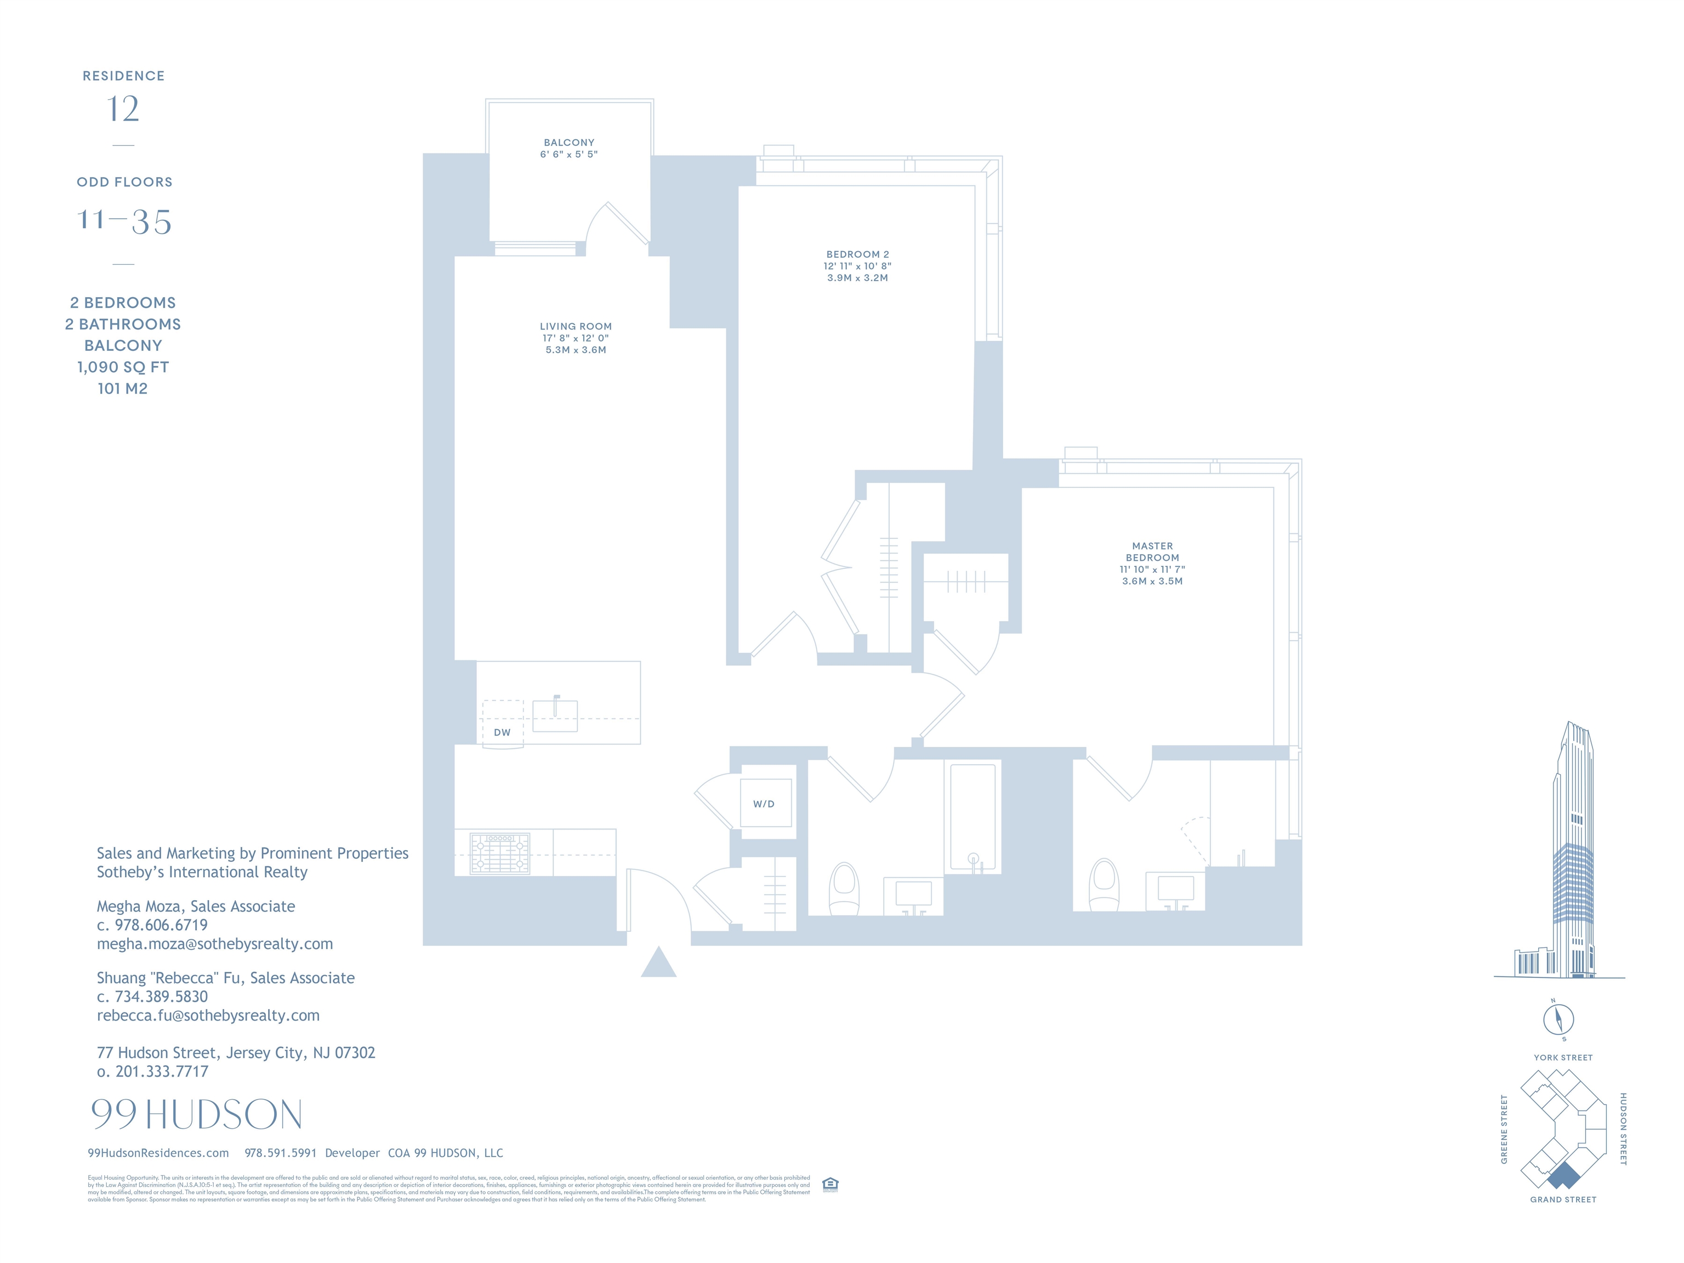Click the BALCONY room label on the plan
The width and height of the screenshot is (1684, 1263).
tap(568, 143)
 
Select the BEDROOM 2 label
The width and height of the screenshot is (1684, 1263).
tap(857, 254)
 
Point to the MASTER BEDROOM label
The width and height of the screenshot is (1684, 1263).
tap(1152, 552)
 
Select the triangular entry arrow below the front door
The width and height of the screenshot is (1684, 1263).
tap(658, 963)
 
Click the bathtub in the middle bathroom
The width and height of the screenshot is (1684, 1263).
tap(972, 816)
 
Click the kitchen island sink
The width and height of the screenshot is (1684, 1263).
tap(555, 715)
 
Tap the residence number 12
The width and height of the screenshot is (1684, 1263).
tap(123, 109)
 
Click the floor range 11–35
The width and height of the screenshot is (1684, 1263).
tap(124, 221)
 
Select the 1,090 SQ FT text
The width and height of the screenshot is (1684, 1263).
tap(123, 367)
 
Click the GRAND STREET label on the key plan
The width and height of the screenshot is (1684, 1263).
tap(1563, 1200)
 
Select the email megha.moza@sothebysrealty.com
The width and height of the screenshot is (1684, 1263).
tap(215, 944)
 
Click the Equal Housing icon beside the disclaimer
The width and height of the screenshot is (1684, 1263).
tap(830, 1184)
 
